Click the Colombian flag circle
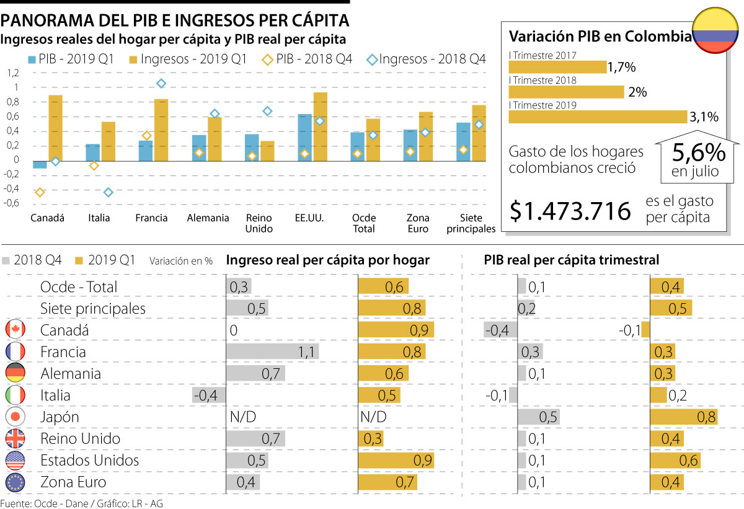point(715,31)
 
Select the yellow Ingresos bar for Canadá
point(55,128)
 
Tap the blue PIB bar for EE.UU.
point(304,137)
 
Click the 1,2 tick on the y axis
point(13,73)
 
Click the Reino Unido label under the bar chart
point(259,223)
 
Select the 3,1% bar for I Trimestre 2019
point(598,117)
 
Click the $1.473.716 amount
point(570,211)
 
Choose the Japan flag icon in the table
point(15,417)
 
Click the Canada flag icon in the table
point(15,330)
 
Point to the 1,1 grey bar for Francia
point(273,352)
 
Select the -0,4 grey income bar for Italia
point(208,395)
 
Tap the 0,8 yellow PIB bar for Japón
point(684,417)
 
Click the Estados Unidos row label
point(89,460)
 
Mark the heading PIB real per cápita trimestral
point(571,260)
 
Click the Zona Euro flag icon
point(15,482)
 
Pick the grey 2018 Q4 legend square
point(7,260)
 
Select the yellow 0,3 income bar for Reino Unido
point(371,438)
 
